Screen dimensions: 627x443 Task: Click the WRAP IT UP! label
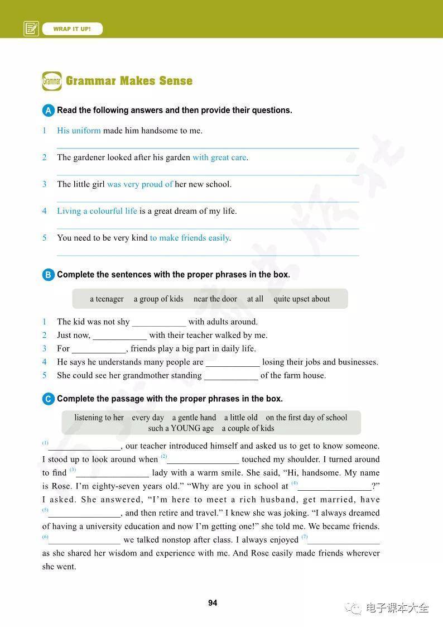tap(72, 28)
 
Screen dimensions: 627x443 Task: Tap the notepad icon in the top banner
tap(31, 28)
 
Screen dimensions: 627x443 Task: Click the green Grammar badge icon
tap(51, 81)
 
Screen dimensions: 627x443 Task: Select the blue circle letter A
tap(48, 111)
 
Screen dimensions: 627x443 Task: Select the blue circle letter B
tap(48, 275)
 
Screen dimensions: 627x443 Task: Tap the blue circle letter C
tap(48, 399)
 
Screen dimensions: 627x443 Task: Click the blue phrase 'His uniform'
tap(79, 131)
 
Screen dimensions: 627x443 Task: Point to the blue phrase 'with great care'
tap(219, 157)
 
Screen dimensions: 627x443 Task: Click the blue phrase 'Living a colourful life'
tap(97, 211)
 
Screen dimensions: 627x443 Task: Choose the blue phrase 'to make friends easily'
tap(190, 238)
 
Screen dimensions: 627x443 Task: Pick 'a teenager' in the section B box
tap(107, 299)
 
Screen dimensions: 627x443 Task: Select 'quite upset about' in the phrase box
tap(301, 299)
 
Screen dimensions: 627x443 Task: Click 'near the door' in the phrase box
tap(215, 299)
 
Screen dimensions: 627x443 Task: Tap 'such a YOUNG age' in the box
tap(181, 428)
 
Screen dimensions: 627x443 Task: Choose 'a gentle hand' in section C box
tap(194, 417)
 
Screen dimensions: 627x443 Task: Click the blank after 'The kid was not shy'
tap(159, 323)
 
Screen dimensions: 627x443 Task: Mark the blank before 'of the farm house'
tap(231, 376)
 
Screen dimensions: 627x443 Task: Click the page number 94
tap(213, 602)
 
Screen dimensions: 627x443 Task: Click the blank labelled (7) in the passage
tap(344, 540)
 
